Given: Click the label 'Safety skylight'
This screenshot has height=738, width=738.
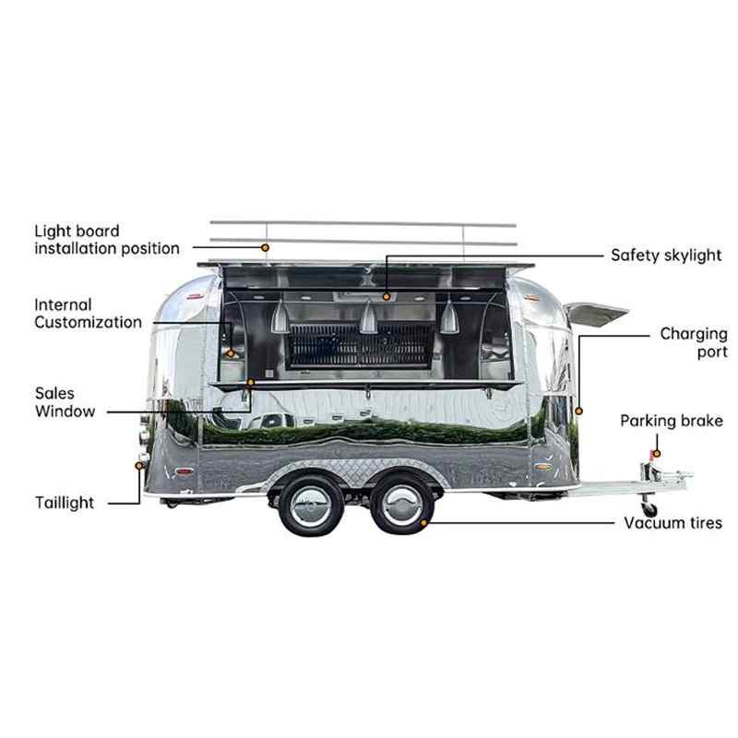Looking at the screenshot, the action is pyautogui.click(x=666, y=256).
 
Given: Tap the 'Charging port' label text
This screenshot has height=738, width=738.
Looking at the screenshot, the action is pyautogui.click(x=694, y=342).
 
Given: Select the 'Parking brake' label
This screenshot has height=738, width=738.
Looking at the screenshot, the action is pyautogui.click(x=672, y=421).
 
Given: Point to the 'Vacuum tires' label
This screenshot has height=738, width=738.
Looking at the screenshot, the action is pyautogui.click(x=673, y=523).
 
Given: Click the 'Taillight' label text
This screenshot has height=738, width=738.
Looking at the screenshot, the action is pyautogui.click(x=65, y=503).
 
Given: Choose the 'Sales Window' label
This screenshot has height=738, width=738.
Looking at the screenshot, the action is pyautogui.click(x=65, y=402).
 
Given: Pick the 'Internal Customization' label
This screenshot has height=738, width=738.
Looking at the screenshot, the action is pyautogui.click(x=88, y=314).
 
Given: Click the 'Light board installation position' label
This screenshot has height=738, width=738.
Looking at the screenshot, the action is pyautogui.click(x=107, y=240).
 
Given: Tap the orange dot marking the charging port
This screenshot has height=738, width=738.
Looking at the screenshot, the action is pyautogui.click(x=579, y=411).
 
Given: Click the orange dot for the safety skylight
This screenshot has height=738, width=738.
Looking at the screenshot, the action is pyautogui.click(x=387, y=296).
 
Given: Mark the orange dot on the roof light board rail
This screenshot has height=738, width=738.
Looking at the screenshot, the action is pyautogui.click(x=266, y=247).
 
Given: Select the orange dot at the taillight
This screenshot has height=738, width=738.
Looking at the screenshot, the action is pyautogui.click(x=139, y=466).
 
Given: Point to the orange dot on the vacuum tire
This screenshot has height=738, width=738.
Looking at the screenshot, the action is pyautogui.click(x=423, y=523).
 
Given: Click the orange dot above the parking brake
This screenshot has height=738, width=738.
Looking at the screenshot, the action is pyautogui.click(x=657, y=454).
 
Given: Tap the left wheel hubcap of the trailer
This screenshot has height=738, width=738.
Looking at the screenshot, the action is pyautogui.click(x=311, y=506).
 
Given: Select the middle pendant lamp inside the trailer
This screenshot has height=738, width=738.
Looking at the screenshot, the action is pyautogui.click(x=368, y=316).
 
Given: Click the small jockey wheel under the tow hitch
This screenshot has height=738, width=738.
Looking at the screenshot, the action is pyautogui.click(x=649, y=507).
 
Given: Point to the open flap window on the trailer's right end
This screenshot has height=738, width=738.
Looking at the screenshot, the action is pyautogui.click(x=596, y=314).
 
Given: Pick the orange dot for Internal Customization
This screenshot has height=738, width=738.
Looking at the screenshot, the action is pyautogui.click(x=231, y=353).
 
